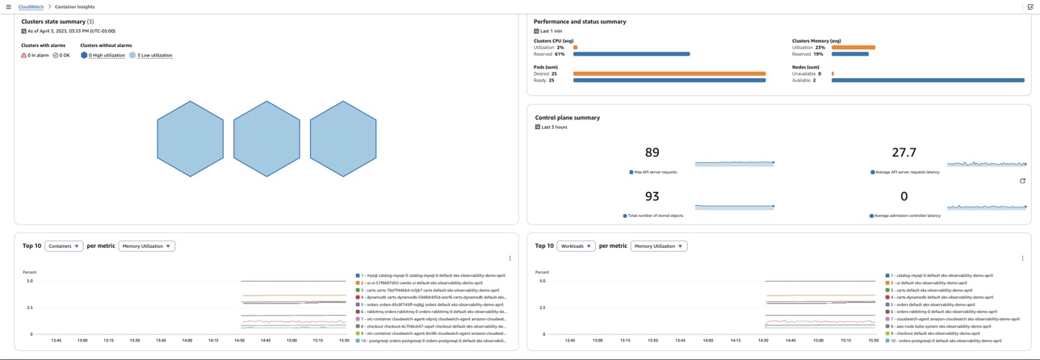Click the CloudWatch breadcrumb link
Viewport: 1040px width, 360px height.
click(31, 6)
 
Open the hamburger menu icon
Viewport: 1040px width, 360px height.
click(9, 6)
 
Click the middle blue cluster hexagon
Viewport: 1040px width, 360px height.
click(266, 139)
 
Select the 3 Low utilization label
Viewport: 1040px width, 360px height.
click(154, 56)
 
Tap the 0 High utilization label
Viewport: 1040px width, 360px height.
click(107, 56)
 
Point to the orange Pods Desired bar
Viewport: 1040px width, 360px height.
click(669, 73)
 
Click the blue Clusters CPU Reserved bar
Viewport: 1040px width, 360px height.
click(631, 54)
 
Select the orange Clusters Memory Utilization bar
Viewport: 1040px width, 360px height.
click(853, 48)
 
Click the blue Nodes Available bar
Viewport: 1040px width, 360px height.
click(928, 80)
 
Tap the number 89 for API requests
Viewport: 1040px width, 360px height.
click(652, 153)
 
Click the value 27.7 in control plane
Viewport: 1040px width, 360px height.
click(904, 153)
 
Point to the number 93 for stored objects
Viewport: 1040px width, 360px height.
click(652, 196)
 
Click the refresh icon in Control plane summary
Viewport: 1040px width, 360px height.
click(1022, 181)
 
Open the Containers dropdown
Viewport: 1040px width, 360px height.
click(64, 246)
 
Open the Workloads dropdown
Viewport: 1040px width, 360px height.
click(576, 246)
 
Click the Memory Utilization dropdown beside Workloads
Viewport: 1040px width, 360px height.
click(659, 246)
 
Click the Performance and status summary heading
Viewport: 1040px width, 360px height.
click(580, 22)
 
